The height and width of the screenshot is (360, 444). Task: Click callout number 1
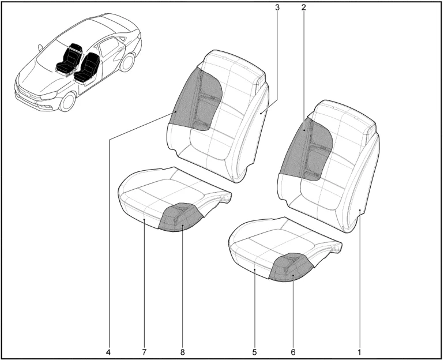pyautogui.click(x=359, y=352)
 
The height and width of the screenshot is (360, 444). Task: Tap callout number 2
pyautogui.click(x=303, y=7)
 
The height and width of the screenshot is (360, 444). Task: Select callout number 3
pyautogui.click(x=277, y=7)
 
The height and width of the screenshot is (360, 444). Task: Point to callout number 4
pyautogui.click(x=108, y=352)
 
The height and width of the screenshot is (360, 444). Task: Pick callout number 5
pyautogui.click(x=254, y=352)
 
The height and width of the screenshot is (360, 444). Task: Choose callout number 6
pyautogui.click(x=293, y=352)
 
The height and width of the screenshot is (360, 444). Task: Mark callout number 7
pyautogui.click(x=144, y=352)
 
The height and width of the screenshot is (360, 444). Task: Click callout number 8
pyautogui.click(x=182, y=352)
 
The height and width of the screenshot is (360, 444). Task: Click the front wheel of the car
pyautogui.click(x=68, y=102)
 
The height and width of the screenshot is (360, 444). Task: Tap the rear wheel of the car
pyautogui.click(x=127, y=62)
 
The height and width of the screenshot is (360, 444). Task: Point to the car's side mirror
pyautogui.click(x=40, y=47)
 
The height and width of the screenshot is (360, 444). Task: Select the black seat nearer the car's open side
pyautogui.click(x=86, y=68)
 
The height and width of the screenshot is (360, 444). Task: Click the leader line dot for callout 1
pyautogui.click(x=360, y=210)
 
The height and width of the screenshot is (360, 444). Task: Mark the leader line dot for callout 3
pyautogui.click(x=261, y=113)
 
